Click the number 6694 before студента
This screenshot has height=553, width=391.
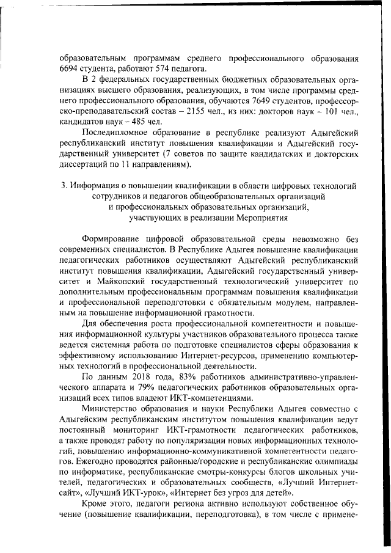[x=70, y=68]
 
